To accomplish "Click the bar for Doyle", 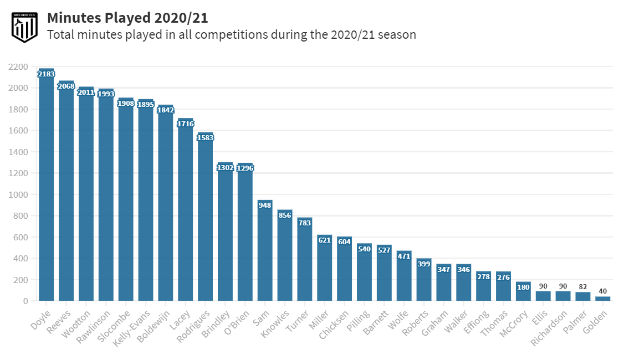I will pos(46,188).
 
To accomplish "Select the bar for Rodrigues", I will pos(206,222).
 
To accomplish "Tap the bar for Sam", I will pos(265,255).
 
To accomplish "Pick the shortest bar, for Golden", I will pos(603,299).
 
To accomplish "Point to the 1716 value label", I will pos(186,124).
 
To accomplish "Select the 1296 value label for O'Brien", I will pos(245,168).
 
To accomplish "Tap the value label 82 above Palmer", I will pos(583,286).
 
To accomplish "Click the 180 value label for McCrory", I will pos(523,287).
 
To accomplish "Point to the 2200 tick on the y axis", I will pos(18,67).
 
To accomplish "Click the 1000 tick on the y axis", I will pos(18,195).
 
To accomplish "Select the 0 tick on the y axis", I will pos(25,301).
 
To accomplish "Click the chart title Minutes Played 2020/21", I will pos(127,18).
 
